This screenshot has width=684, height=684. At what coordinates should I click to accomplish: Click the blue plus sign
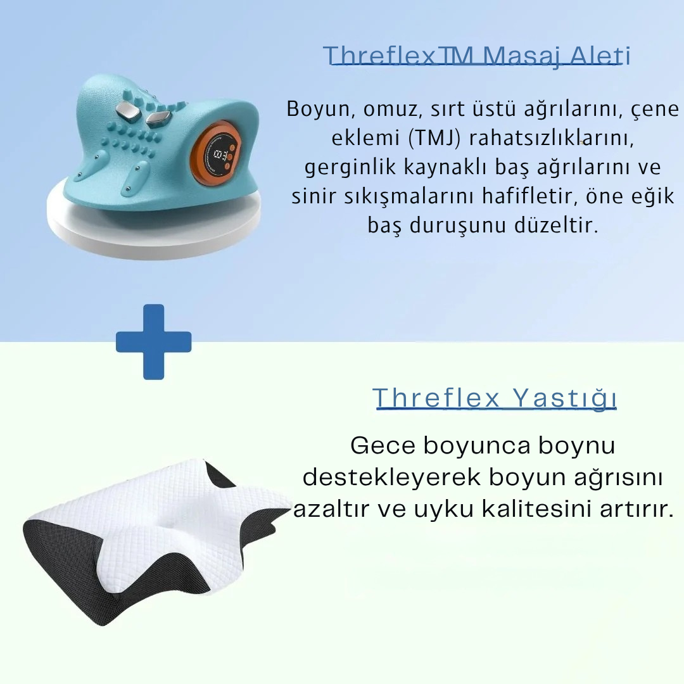(x=153, y=342)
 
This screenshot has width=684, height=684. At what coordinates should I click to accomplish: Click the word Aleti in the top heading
(x=600, y=56)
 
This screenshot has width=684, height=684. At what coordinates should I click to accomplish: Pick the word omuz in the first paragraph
(x=388, y=109)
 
